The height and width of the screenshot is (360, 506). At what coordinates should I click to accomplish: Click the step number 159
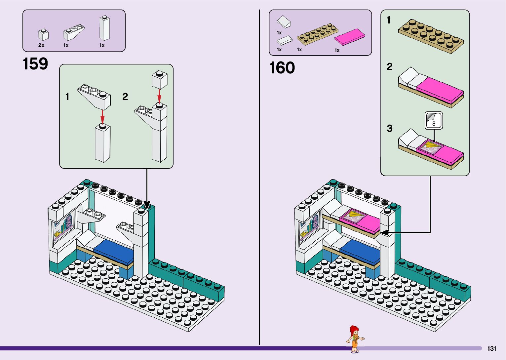35,64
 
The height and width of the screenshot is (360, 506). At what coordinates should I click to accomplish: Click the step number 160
282,68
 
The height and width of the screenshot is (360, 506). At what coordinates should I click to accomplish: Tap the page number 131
492,348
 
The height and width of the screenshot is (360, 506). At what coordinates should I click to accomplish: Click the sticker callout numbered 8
434,121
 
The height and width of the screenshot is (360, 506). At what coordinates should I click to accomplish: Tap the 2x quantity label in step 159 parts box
41,45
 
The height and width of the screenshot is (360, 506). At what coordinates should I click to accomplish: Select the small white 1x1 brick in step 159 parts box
43,35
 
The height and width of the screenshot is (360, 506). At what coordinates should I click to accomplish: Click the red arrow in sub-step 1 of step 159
103,116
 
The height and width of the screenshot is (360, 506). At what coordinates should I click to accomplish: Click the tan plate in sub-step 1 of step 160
431,36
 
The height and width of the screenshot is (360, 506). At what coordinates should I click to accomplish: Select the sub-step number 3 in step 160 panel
390,128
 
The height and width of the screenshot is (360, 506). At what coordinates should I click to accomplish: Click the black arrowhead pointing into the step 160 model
384,233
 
